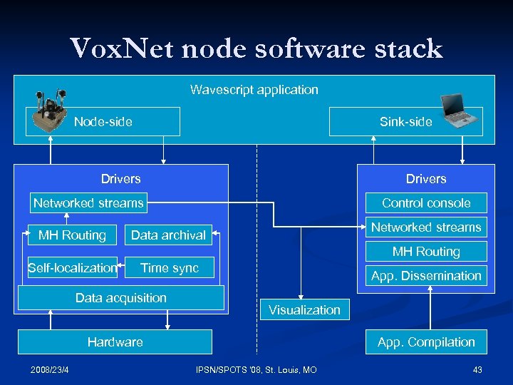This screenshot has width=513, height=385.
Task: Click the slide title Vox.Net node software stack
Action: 256,49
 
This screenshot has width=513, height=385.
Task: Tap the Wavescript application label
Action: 254,90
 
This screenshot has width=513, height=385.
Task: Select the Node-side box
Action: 103,122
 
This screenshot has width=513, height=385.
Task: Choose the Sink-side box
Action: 405,122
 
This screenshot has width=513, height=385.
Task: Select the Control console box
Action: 426,203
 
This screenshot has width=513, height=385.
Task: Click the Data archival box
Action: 168,235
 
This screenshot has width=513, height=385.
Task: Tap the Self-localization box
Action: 72,268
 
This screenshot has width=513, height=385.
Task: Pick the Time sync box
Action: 170,268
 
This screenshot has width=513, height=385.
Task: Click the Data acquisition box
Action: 121,298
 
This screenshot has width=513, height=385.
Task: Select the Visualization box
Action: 304,310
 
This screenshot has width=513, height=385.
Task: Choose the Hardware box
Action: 115,342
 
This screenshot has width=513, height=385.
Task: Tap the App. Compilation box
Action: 426,342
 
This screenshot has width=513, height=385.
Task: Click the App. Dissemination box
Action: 426,276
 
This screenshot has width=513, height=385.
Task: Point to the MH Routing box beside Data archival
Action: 72,235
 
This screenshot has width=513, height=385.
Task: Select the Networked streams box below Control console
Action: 426,227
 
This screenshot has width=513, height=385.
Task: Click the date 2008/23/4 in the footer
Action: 49,369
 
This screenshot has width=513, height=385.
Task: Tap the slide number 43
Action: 477,369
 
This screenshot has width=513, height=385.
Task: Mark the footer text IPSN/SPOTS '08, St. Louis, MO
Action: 256,369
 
